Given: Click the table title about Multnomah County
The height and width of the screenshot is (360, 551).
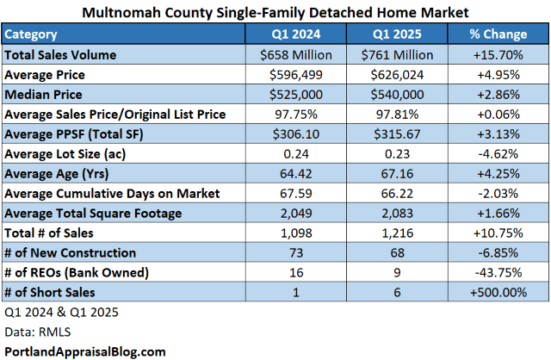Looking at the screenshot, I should tap(275, 13).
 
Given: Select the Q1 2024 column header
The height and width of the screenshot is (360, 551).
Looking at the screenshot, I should tap(295, 34).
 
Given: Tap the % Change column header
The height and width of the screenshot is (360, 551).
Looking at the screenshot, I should tap(498, 34).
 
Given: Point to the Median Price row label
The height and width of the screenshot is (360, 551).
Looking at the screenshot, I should tap(43, 94).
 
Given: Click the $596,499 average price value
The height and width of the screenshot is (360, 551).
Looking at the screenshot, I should tap(295, 74).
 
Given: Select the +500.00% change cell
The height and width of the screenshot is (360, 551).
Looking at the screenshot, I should tap(498, 293).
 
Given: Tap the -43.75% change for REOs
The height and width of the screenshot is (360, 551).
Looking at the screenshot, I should tap(498, 273).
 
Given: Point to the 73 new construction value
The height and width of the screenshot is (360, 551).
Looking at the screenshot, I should tap(295, 253).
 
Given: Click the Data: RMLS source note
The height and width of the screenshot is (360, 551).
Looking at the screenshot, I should tap(37, 332).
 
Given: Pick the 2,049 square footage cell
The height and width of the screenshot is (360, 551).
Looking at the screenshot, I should tap(295, 214).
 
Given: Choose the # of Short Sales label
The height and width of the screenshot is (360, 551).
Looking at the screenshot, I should tap(51, 293).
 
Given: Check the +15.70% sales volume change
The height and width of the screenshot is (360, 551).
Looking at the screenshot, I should tap(498, 54).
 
